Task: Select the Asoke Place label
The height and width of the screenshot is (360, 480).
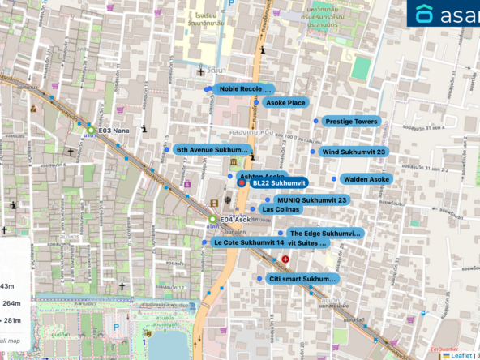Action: (285, 103)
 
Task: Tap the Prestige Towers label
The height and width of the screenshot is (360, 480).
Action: (351, 122)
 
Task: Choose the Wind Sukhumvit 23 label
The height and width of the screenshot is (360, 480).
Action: (353, 152)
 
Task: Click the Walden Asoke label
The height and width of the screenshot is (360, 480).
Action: (366, 179)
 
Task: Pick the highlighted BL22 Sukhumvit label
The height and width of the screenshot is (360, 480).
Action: (276, 184)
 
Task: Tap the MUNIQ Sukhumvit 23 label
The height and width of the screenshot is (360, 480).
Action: (311, 200)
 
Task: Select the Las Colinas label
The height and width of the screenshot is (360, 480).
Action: (281, 209)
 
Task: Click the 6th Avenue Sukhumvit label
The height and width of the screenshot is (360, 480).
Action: (211, 150)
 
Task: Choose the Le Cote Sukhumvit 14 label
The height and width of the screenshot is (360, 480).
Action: (247, 242)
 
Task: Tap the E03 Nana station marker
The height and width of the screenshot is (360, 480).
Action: (91, 130)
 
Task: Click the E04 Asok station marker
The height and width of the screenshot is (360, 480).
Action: (212, 220)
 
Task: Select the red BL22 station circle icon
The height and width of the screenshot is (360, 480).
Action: (241, 184)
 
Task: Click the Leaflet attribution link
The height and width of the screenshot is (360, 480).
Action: (463, 354)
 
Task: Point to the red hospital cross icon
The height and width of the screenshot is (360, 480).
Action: (285, 259)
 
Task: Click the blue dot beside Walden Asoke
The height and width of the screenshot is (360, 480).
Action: (333, 179)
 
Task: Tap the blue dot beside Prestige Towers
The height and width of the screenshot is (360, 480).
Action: (317, 121)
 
